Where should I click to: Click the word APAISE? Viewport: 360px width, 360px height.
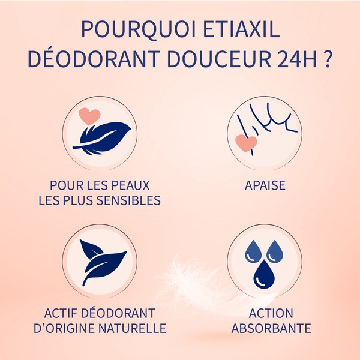[x=265, y=185]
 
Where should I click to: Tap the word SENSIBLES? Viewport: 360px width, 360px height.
[x=130, y=200]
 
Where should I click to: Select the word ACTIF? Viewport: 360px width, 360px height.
[x=63, y=313]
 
